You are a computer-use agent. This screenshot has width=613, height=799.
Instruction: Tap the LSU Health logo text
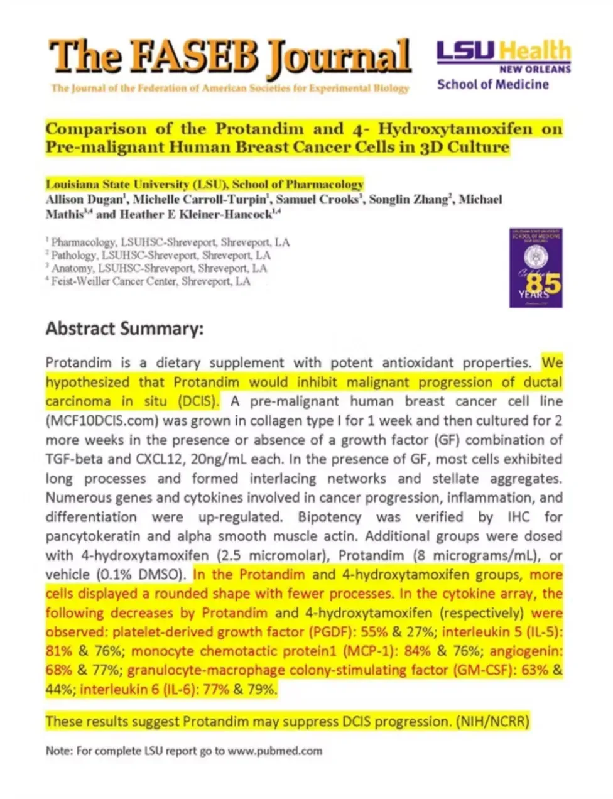504,52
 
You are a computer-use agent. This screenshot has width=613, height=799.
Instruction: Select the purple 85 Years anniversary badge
535,268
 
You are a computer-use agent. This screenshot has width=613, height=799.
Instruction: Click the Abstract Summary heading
124,329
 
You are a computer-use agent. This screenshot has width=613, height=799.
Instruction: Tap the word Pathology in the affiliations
74,256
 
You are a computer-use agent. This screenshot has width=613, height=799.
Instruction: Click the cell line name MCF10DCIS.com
115,421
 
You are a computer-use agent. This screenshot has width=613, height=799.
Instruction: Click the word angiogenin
526,651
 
